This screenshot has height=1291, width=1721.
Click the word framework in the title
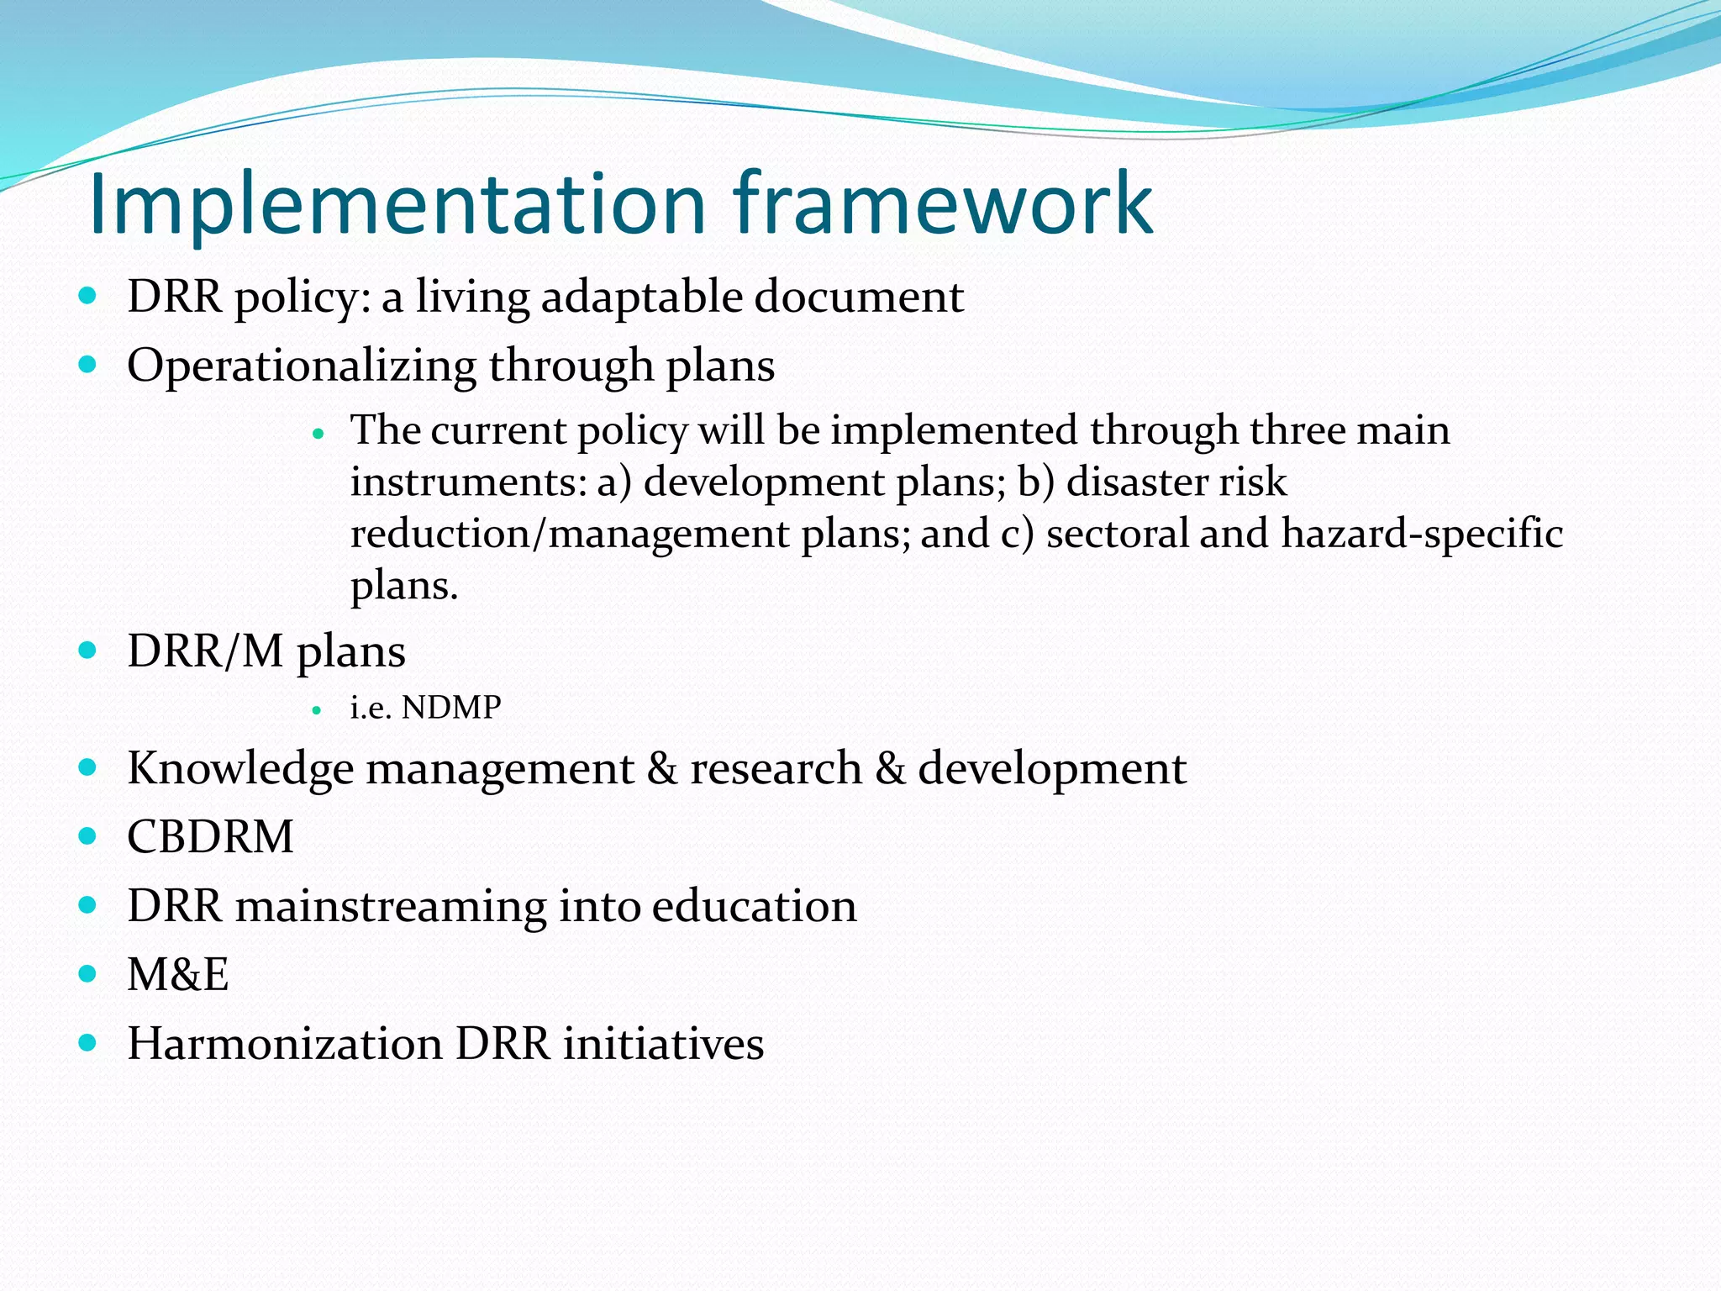point(943,204)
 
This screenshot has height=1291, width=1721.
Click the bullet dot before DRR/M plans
point(87,651)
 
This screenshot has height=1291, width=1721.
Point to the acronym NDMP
point(451,708)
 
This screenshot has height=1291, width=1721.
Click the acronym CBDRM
point(210,837)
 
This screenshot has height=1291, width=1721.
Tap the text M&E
point(177,975)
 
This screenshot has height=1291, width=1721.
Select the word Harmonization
point(284,1044)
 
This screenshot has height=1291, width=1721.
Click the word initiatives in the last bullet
point(663,1044)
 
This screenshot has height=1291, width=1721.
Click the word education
point(754,906)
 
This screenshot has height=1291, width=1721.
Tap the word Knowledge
point(240,769)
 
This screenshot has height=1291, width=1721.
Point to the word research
point(776,769)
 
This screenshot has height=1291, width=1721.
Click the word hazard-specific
point(1422,534)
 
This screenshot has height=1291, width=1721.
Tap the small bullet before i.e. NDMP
point(317,710)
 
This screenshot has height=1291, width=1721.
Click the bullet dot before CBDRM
point(87,836)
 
